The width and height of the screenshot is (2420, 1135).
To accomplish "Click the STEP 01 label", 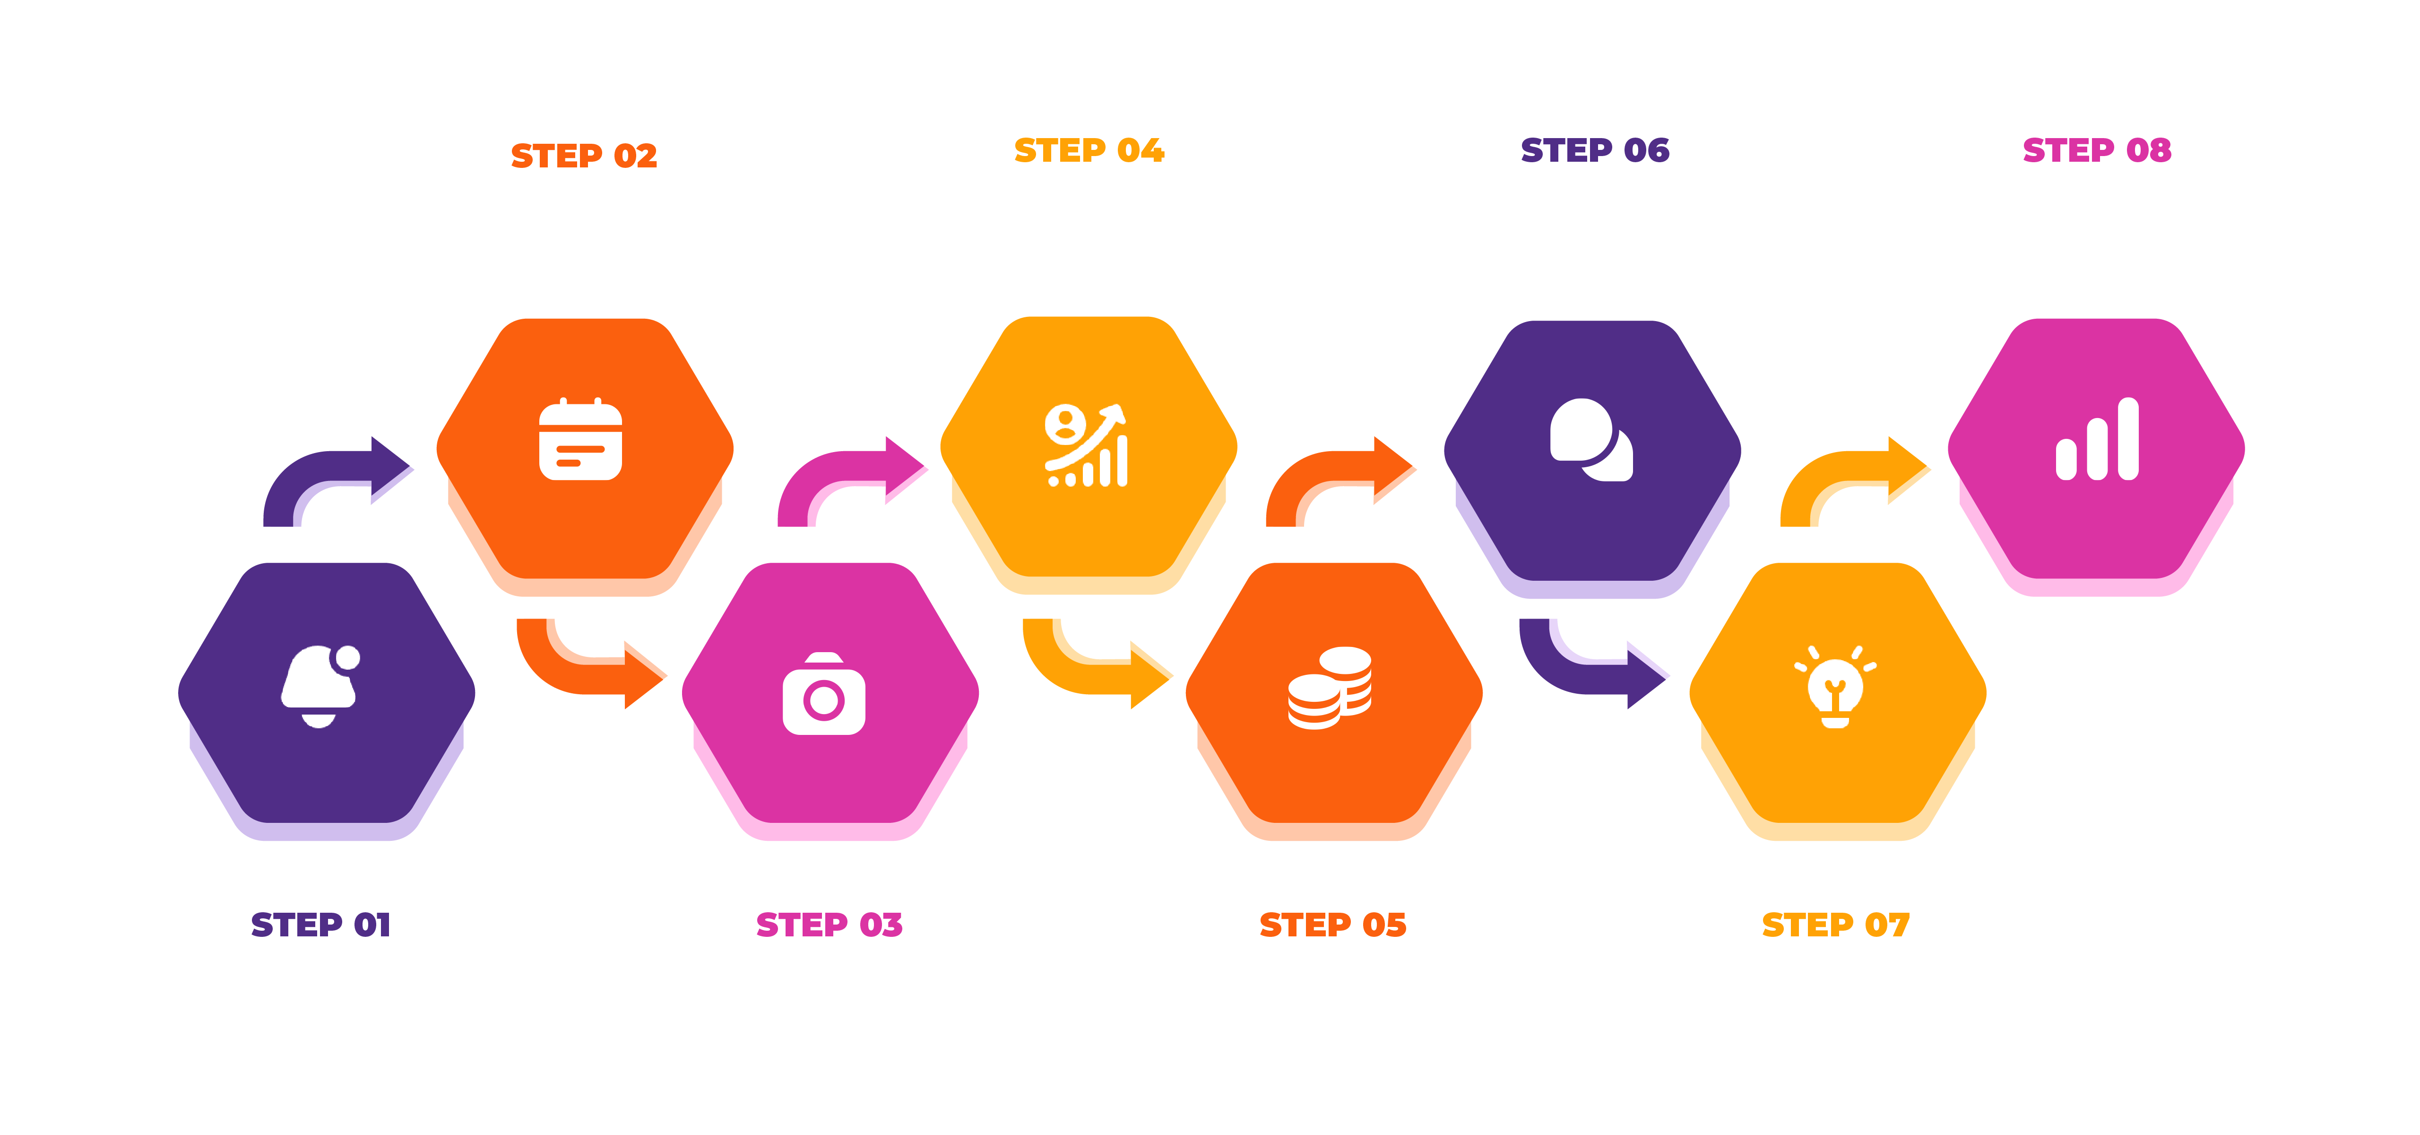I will pos(320,925).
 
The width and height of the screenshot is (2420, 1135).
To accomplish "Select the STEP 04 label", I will pos(1089,150).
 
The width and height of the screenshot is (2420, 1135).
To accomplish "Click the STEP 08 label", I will pos(2097,150).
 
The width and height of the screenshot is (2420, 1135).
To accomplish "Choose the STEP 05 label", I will pos(1332,925).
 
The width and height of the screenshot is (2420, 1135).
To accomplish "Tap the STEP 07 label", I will pos(1835,925).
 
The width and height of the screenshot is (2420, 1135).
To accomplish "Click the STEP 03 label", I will pos(829,925).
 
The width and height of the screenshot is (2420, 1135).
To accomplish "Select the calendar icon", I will pos(580,440).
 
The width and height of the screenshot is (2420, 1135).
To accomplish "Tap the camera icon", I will pos(824,694).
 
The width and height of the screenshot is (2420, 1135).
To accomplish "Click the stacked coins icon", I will pos(1329,688).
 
